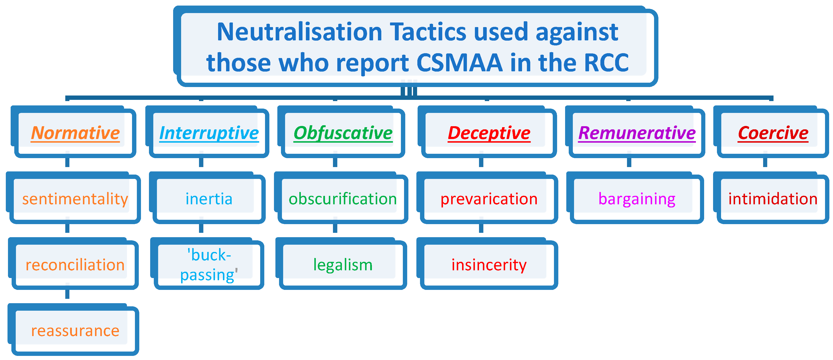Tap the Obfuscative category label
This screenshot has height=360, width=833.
click(343, 133)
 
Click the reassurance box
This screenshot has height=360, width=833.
click(74, 330)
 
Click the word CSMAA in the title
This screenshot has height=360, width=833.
click(459, 62)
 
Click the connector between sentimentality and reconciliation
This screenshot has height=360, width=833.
click(67, 228)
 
